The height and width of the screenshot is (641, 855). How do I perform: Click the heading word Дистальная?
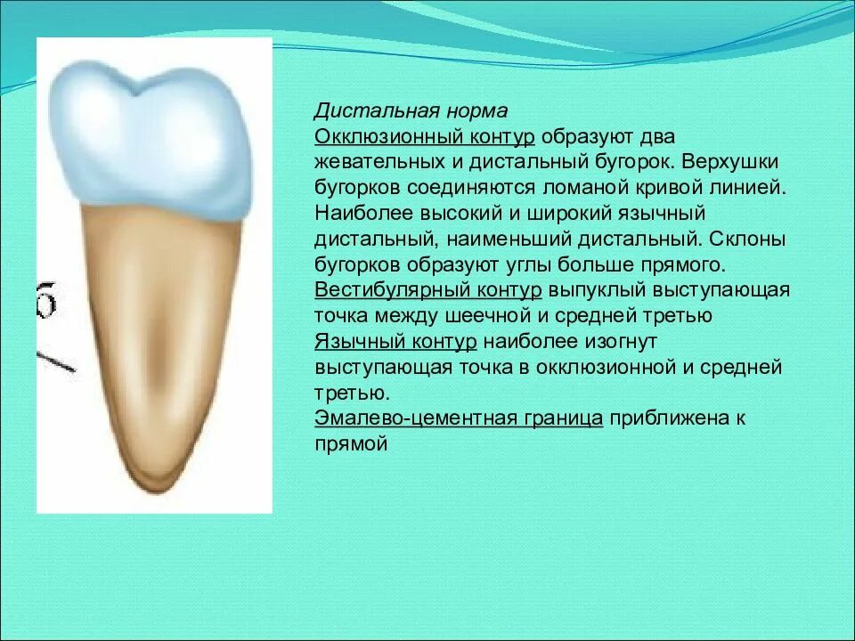[377, 110]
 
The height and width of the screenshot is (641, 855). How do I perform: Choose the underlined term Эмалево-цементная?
[415, 418]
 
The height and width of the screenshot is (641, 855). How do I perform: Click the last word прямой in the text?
[351, 443]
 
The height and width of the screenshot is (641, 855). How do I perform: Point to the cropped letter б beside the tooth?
[47, 299]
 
